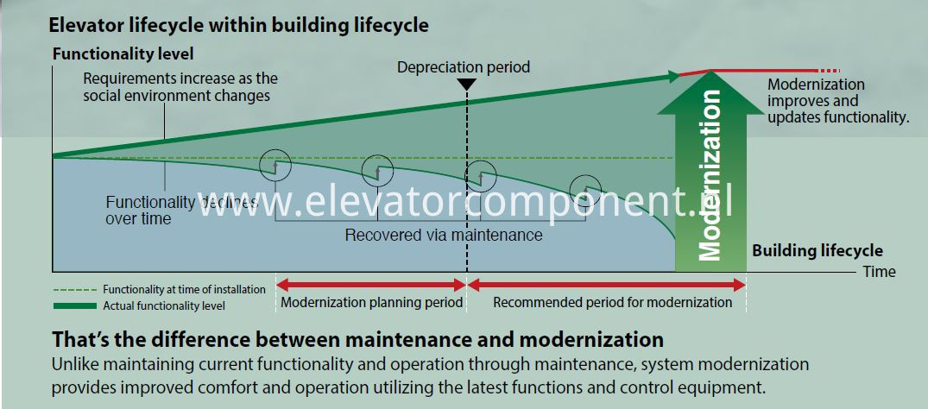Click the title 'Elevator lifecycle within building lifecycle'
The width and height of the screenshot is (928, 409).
[x=238, y=26]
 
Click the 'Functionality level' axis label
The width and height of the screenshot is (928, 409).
[x=123, y=54]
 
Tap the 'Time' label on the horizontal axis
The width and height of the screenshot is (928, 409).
[x=879, y=272]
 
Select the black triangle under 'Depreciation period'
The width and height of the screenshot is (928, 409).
[x=467, y=84]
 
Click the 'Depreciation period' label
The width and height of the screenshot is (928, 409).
[x=464, y=67]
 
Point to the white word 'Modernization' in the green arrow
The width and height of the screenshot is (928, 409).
[x=710, y=175]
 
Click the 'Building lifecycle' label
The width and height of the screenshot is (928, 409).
[x=818, y=251]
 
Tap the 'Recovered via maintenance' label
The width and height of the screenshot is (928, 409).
[x=444, y=235]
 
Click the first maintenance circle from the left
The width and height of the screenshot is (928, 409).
[x=275, y=165]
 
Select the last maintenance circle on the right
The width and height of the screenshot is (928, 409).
[x=585, y=189]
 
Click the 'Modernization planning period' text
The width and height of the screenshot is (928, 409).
[x=372, y=303]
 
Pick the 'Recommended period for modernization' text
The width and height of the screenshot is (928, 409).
[x=613, y=303]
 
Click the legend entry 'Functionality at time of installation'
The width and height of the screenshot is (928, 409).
[x=184, y=290]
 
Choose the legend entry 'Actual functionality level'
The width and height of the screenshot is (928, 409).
[x=164, y=306]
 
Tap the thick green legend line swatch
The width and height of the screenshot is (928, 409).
[x=74, y=305]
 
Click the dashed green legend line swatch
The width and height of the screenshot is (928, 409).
[x=74, y=290]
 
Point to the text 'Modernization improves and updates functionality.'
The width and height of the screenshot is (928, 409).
[x=837, y=101]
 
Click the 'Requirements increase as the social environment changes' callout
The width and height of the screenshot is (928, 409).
[x=180, y=86]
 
